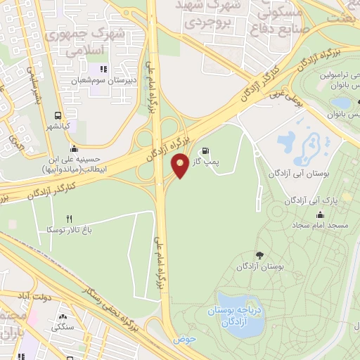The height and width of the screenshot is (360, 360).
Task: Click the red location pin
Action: tap(180, 165)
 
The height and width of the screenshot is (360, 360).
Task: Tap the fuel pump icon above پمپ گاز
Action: tap(205, 150)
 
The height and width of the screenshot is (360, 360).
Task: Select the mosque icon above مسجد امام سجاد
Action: tap(321, 214)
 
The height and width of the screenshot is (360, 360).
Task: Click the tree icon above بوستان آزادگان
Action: tap(259, 255)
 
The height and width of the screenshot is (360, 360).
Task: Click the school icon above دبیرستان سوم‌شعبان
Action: tap(103, 69)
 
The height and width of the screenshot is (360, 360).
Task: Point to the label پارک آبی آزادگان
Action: tap(311, 200)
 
